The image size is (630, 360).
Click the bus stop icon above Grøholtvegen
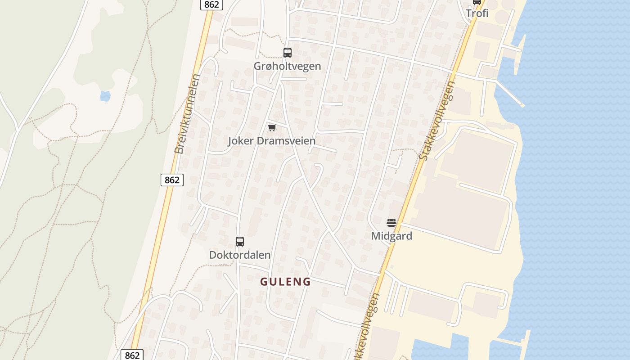point(287,53)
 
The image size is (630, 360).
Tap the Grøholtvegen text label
point(287,66)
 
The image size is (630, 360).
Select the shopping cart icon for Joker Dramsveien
point(272,128)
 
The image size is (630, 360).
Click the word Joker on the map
point(241,141)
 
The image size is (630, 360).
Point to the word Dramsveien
point(286,141)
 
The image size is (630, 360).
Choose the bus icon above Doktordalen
point(240,242)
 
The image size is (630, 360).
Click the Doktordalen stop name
point(240,255)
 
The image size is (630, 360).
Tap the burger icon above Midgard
point(391,222)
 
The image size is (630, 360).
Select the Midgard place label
point(391,236)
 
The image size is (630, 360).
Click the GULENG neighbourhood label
point(286,282)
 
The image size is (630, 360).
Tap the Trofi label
point(477,13)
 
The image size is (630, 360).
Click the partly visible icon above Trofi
point(477,2)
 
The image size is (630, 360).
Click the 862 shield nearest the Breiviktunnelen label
point(172,180)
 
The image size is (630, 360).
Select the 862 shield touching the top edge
point(211,4)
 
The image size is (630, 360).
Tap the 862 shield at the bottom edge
point(132,355)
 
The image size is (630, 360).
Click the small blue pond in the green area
point(105,96)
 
